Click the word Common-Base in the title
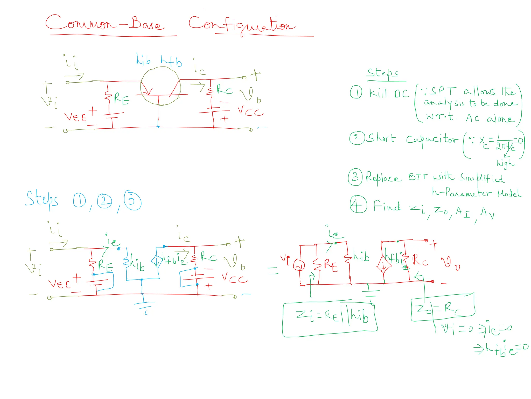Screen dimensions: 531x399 pyautogui.click(x=105, y=23)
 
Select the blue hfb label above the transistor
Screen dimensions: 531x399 pyautogui.click(x=171, y=61)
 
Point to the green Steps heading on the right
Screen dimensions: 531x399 pyautogui.click(x=383, y=73)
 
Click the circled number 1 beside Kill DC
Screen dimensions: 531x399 pyautogui.click(x=356, y=92)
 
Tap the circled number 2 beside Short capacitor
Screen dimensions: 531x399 pyautogui.click(x=357, y=138)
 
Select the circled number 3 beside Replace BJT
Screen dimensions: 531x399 pyautogui.click(x=355, y=177)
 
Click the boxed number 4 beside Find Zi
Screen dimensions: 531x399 pyautogui.click(x=358, y=204)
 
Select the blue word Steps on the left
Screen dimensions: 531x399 pyautogui.click(x=41, y=199)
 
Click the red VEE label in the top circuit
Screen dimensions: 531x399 pyautogui.click(x=75, y=117)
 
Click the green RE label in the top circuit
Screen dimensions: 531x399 pyautogui.click(x=121, y=99)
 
